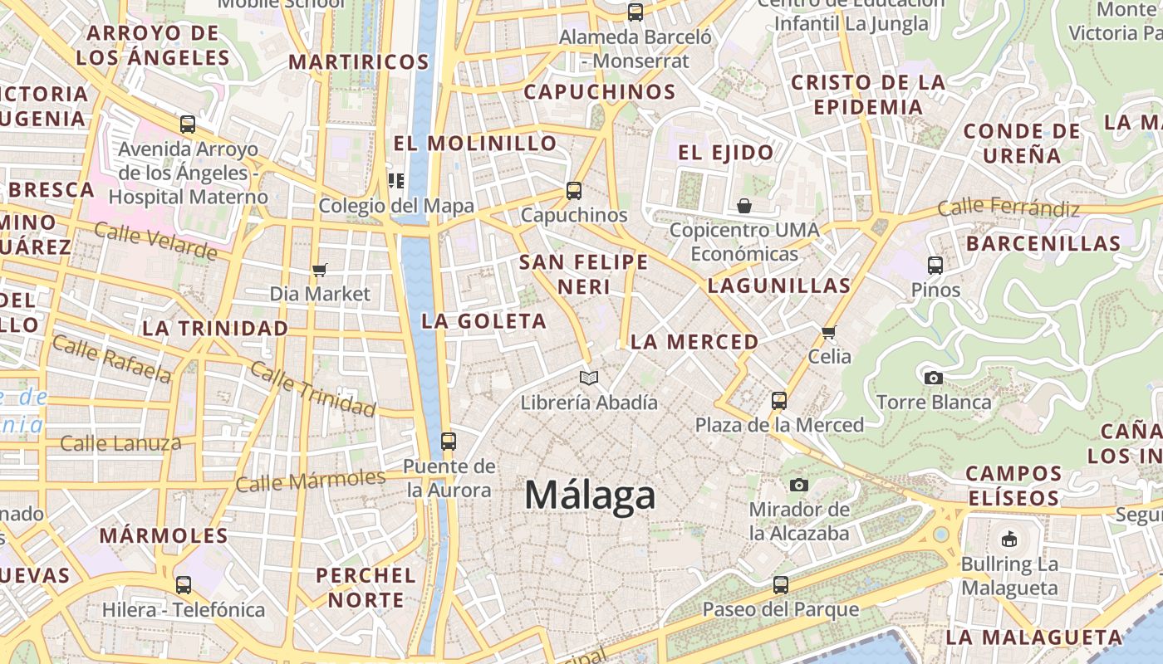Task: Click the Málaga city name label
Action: coord(590,496)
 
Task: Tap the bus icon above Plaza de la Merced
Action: coord(779,401)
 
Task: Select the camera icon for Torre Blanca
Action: coord(934,378)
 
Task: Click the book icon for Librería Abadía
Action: coord(589,378)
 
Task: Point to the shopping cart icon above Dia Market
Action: coord(320,270)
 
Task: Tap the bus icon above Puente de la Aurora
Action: coord(449,441)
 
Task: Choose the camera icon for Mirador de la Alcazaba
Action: coord(799,485)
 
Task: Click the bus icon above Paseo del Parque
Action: coord(780,584)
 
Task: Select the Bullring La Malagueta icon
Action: coord(1008,539)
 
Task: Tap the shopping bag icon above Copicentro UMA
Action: coord(744,205)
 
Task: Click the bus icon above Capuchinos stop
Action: coord(574,191)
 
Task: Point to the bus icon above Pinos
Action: coord(935,266)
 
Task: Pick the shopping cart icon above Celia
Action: coord(828,333)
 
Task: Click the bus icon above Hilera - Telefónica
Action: coord(184,585)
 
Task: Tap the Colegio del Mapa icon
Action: coord(396,181)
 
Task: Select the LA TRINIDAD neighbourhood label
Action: coord(215,328)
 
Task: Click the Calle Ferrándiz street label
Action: coord(1008,207)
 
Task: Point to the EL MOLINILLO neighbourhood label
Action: coord(475,143)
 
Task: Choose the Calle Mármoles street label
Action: coord(311,481)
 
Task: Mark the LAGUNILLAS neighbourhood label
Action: coord(779,286)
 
